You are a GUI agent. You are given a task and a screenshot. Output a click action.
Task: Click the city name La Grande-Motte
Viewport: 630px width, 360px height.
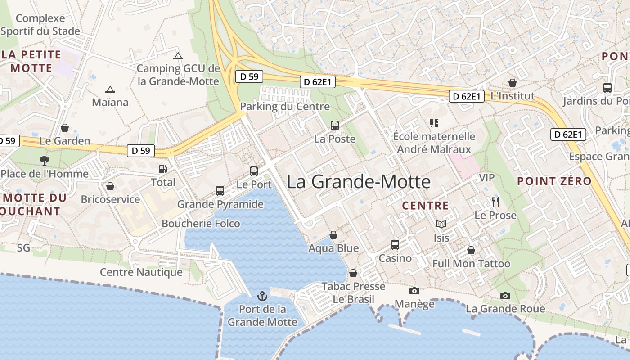[x=359, y=182]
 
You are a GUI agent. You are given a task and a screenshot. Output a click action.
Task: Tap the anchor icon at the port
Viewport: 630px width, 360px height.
[x=262, y=296]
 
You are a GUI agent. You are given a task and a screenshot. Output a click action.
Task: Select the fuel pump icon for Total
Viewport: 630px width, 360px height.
[x=162, y=169]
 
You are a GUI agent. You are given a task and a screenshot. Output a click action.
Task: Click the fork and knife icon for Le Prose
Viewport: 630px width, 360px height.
[x=495, y=202]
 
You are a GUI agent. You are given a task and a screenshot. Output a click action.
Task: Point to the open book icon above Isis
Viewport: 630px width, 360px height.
[x=441, y=224]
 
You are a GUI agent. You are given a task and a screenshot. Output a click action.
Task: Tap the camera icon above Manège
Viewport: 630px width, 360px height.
[x=414, y=291]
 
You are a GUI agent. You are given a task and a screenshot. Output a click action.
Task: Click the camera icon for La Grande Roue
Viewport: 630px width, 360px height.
[x=505, y=296]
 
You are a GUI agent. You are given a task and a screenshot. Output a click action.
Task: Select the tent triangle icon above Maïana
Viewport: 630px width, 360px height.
[x=110, y=90]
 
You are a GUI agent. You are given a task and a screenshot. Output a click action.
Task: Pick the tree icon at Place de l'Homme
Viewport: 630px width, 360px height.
[x=44, y=160]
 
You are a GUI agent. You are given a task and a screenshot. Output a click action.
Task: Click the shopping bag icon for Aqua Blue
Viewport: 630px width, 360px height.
[x=333, y=235]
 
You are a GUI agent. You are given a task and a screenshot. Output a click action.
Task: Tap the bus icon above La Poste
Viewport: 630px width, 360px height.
[x=335, y=126]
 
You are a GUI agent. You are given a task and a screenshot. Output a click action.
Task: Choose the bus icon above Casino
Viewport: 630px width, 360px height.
[x=395, y=245]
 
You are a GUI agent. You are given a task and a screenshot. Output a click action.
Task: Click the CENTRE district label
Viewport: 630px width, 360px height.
[x=425, y=206]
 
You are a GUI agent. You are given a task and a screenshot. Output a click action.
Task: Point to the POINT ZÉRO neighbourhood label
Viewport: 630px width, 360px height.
[x=554, y=181]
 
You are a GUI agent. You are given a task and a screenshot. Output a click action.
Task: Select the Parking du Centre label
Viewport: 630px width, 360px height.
[x=285, y=107]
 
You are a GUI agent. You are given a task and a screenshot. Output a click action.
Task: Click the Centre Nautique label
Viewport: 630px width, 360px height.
[x=141, y=272]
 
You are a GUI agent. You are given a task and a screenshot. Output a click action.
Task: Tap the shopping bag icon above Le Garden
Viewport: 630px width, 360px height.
[x=65, y=128]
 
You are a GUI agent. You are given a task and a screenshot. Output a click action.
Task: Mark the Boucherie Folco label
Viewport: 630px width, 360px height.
[x=201, y=224]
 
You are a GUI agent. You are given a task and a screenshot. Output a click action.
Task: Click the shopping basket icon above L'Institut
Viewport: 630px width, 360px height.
[x=512, y=83]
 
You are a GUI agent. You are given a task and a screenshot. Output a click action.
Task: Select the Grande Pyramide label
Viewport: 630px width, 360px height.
[x=220, y=204]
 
